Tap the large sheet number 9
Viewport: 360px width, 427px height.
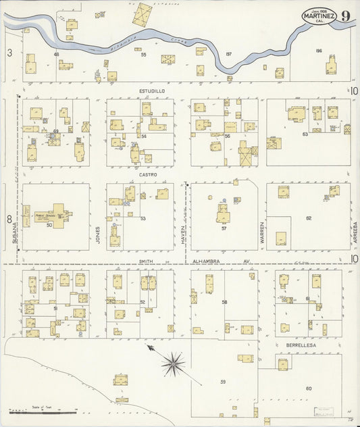(345, 17)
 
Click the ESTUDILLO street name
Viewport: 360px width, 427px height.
(153, 90)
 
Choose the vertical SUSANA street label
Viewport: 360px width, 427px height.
(14, 234)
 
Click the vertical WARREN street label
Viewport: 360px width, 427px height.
(262, 232)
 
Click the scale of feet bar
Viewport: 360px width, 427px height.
(42, 411)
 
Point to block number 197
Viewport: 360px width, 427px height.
(228, 54)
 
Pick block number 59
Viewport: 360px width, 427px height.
(222, 382)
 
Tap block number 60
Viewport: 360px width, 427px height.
(309, 388)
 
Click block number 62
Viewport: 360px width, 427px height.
(309, 219)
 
